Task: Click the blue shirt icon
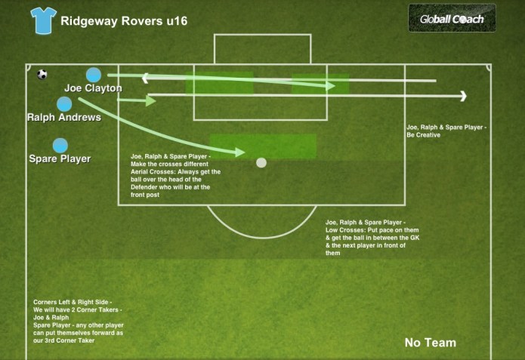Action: (x=43, y=20)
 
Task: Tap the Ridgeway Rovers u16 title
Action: (x=124, y=20)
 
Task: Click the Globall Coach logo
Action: (x=452, y=18)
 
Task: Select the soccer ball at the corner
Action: (x=42, y=75)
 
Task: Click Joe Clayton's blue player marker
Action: (x=94, y=75)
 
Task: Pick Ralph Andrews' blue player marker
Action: (x=64, y=104)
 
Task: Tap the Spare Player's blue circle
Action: (x=60, y=146)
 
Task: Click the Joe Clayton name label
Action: (x=93, y=88)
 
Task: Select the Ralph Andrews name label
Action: (x=63, y=118)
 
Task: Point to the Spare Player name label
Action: (x=60, y=158)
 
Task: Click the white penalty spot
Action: (x=261, y=162)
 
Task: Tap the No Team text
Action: (x=430, y=343)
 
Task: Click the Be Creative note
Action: (x=446, y=131)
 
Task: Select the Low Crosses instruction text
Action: (x=372, y=238)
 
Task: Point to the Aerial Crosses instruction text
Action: (x=176, y=172)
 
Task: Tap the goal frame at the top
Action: (x=261, y=48)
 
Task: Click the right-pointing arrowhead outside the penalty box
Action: (x=462, y=96)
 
